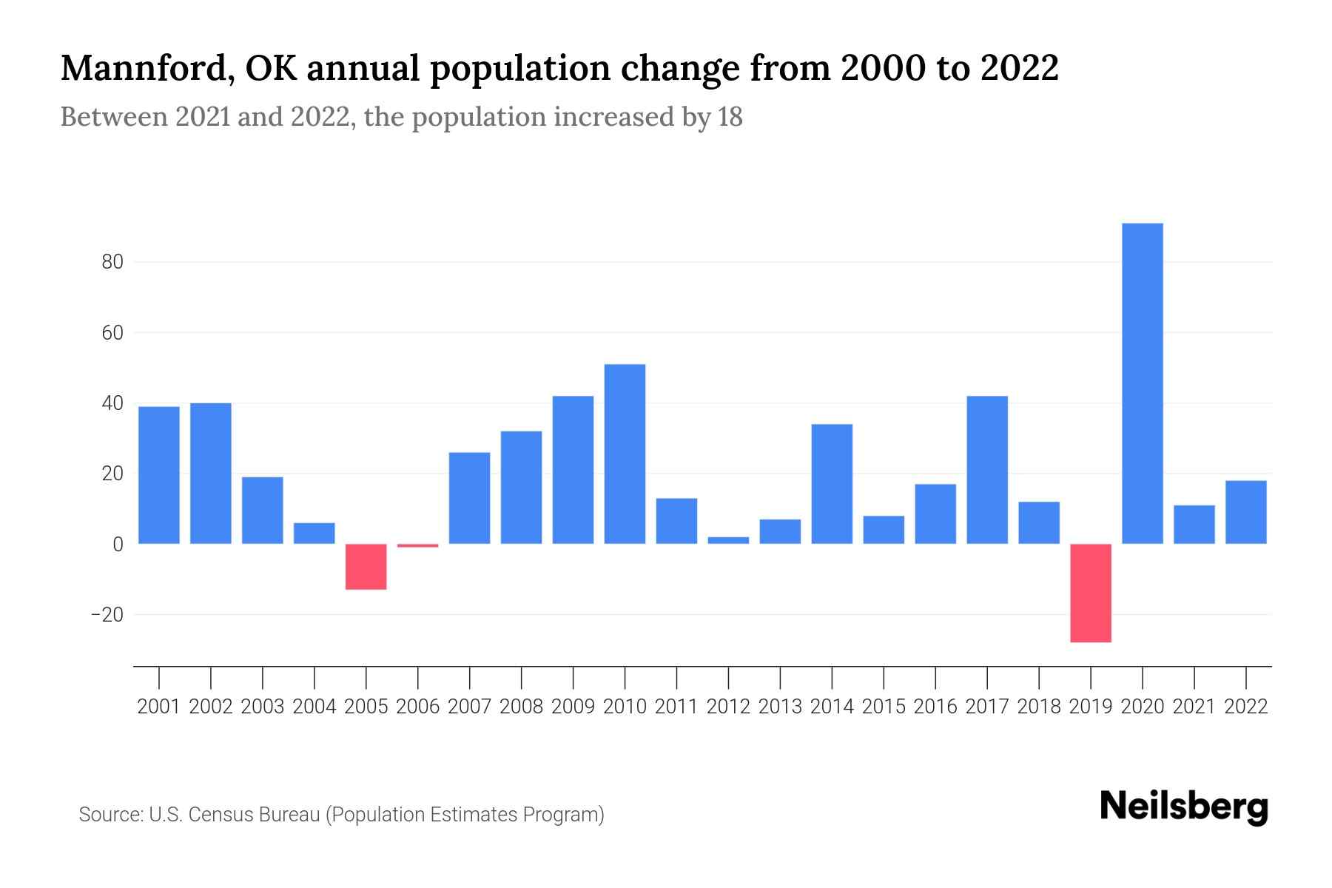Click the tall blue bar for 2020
1142,383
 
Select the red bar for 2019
1090,593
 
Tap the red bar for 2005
366,567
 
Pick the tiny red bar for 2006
417,545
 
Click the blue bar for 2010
625,454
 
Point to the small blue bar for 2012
728,540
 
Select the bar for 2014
832,484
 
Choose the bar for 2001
158,475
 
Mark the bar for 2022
1245,512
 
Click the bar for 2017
986,470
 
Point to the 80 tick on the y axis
112,262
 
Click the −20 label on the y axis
107,615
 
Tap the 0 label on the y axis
118,545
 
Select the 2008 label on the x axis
521,707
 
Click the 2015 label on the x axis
884,707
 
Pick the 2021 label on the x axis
1194,707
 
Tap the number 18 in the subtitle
729,117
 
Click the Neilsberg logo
1183,807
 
